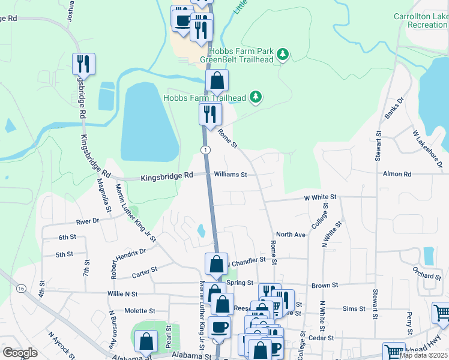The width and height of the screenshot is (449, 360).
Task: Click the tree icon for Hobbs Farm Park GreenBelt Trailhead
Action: pos(282,55)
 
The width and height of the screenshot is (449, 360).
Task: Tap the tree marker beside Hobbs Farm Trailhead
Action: pos(256,97)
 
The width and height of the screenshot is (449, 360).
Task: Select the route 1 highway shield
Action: pos(205,149)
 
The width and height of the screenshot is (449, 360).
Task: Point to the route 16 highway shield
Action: pos(22,289)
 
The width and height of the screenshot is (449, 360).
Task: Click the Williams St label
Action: pos(231,175)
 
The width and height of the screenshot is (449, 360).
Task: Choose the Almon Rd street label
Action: pos(397,174)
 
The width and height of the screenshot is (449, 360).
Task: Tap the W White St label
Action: pos(321,197)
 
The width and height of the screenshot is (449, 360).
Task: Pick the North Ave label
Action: pos(291,235)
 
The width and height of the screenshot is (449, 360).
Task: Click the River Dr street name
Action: pos(87,221)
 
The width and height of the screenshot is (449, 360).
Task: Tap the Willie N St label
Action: pos(122,294)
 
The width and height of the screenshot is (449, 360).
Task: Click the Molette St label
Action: pos(140,311)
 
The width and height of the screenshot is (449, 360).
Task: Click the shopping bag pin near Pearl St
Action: pos(147,341)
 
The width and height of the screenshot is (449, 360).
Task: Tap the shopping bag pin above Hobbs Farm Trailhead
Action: pos(217,80)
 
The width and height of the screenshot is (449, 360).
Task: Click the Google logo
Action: pos(20,352)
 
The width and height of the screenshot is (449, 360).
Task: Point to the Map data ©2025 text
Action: pos(423,355)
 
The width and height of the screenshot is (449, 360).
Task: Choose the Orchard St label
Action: pos(427,276)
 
